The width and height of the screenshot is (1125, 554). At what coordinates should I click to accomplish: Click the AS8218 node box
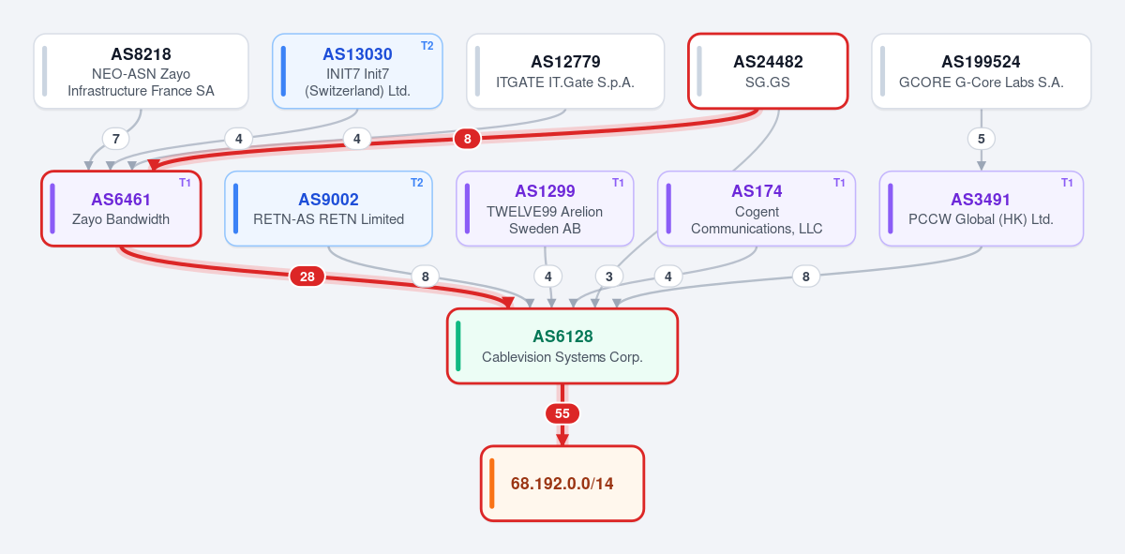pyautogui.click(x=142, y=71)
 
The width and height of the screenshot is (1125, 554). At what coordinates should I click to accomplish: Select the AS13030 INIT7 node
pyautogui.click(x=357, y=71)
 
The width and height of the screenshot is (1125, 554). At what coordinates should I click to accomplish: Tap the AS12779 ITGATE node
pyautogui.click(x=565, y=71)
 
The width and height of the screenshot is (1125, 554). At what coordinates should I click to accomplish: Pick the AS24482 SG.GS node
pyautogui.click(x=768, y=71)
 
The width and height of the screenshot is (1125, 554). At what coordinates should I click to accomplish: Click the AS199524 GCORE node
pyautogui.click(x=982, y=71)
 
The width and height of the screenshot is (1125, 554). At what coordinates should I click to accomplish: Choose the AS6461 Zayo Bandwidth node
pyautogui.click(x=121, y=209)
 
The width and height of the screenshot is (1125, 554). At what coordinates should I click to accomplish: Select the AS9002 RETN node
pyautogui.click(x=328, y=209)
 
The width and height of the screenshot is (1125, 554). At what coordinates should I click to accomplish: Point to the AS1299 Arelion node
pyautogui.click(x=545, y=209)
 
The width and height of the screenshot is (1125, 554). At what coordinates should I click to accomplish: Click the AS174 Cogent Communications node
pyautogui.click(x=757, y=209)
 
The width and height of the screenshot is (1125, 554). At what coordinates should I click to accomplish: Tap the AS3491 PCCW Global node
pyautogui.click(x=982, y=209)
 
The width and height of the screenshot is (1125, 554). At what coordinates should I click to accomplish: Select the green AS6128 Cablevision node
pyautogui.click(x=562, y=347)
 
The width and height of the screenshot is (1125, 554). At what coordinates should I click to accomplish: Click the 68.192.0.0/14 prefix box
pyautogui.click(x=562, y=484)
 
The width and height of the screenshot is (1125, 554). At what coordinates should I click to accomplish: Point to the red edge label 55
pyautogui.click(x=562, y=414)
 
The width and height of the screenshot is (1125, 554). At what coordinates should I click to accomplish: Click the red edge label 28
pyautogui.click(x=307, y=277)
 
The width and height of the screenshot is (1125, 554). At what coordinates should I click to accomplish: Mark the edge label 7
pyautogui.click(x=116, y=139)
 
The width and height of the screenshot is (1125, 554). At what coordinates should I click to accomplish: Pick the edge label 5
pyautogui.click(x=982, y=139)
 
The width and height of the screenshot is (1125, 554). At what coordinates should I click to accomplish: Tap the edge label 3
pyautogui.click(x=609, y=277)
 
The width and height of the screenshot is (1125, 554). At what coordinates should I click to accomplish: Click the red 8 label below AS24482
pyautogui.click(x=468, y=139)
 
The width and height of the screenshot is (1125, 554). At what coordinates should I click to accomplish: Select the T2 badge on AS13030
pyautogui.click(x=427, y=46)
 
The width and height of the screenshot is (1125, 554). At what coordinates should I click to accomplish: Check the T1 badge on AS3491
pyautogui.click(x=1067, y=183)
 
